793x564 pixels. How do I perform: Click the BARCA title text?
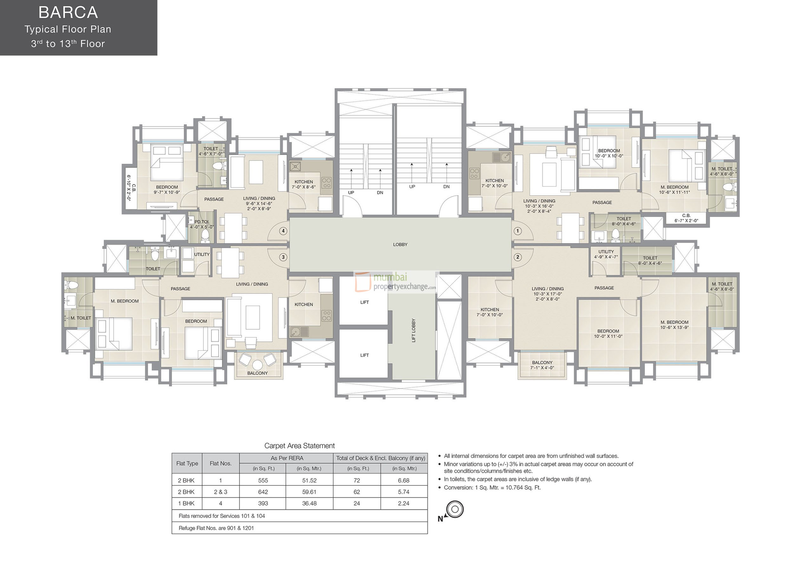[68, 12]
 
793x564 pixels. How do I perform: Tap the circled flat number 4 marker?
[283, 231]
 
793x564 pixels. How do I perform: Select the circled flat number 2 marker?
[517, 257]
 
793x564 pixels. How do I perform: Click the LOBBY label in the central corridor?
[400, 244]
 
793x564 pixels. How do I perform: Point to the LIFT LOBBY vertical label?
[413, 330]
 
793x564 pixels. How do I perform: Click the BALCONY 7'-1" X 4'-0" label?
[542, 365]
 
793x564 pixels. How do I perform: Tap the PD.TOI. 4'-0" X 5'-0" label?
[202, 224]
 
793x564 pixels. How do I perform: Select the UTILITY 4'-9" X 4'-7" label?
[606, 254]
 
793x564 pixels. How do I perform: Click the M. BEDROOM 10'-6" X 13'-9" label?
[674, 325]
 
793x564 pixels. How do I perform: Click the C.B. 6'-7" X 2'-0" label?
[686, 218]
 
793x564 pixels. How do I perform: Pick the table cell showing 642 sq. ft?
[263, 492]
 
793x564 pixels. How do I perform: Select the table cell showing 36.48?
[309, 503]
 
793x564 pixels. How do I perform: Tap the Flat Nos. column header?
[220, 463]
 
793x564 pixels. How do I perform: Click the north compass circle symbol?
[455, 509]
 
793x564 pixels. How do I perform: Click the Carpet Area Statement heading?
[299, 446]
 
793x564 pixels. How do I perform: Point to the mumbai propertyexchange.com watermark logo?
[396, 282]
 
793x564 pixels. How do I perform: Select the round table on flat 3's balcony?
[257, 365]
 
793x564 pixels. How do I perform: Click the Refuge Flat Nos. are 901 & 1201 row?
[216, 528]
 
